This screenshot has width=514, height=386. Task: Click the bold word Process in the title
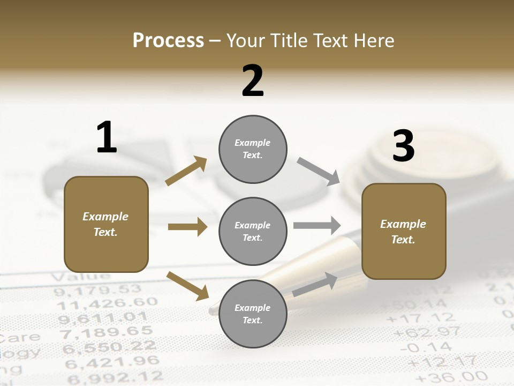(168, 41)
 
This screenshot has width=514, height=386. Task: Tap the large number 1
(107, 137)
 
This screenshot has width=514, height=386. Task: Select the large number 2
(253, 81)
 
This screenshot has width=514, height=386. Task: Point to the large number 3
(403, 146)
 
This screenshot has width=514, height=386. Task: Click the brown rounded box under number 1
(106, 224)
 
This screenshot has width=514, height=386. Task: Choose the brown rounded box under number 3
(404, 232)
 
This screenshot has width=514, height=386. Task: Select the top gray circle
(253, 149)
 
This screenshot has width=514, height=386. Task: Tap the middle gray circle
(253, 231)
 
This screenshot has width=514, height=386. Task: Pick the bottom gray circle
(253, 314)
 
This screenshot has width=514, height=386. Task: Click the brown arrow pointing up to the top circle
(186, 170)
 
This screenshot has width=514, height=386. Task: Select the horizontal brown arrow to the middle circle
(187, 227)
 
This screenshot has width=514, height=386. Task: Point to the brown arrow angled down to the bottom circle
(187, 286)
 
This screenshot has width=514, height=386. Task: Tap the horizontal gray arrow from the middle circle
(317, 226)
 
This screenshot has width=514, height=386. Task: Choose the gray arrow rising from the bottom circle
(315, 284)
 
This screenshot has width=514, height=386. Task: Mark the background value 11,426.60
(107, 305)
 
